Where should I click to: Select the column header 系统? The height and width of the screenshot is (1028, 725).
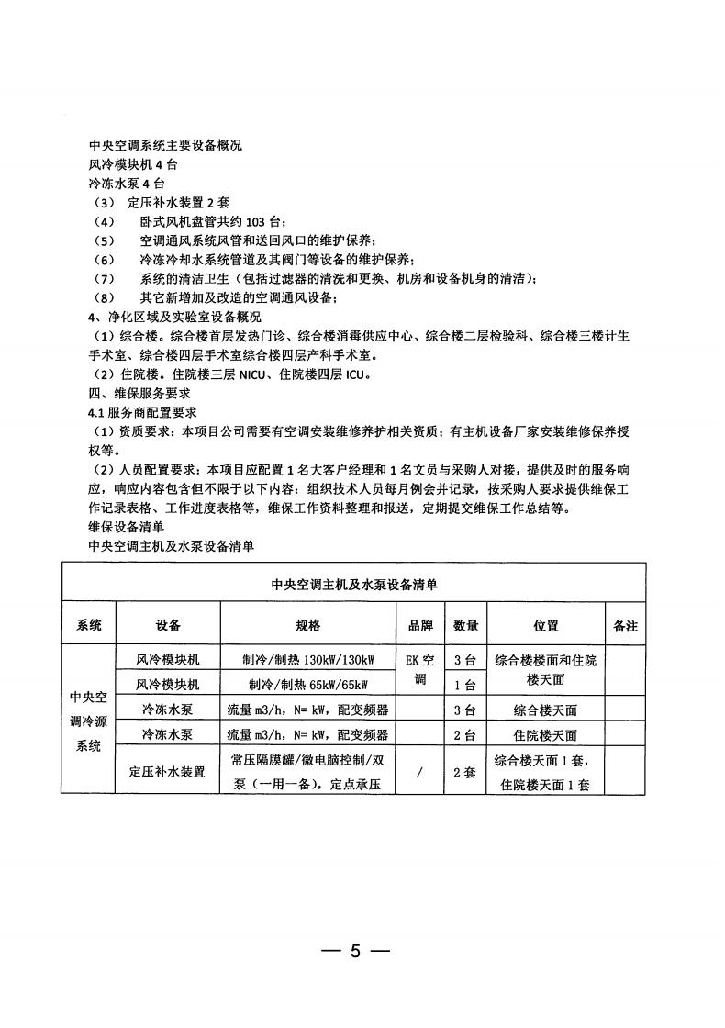(89, 626)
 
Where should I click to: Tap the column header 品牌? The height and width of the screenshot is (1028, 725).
(420, 626)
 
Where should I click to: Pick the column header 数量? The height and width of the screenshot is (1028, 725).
(465, 626)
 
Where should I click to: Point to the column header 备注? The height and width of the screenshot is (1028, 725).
(624, 626)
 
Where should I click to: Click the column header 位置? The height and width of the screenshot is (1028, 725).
(546, 626)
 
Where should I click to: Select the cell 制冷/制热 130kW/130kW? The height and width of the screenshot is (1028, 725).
(307, 661)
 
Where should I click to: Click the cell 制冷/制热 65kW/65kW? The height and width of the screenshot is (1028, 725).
(307, 685)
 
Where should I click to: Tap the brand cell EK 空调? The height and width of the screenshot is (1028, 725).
(420, 671)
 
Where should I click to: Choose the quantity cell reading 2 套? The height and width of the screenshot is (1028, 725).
(465, 773)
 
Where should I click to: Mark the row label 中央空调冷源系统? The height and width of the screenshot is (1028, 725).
(89, 721)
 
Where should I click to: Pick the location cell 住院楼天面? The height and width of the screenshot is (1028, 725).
(546, 735)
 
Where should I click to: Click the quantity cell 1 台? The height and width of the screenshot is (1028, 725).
(465, 685)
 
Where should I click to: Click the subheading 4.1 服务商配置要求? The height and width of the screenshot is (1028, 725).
(142, 412)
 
